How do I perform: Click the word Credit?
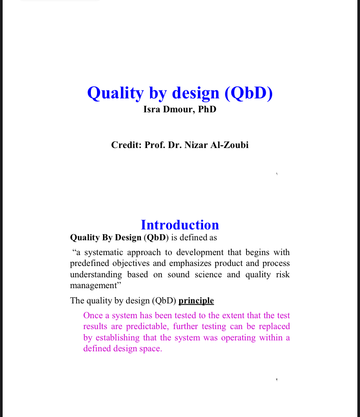pyautogui.click(x=125, y=145)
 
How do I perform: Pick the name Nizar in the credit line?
pyautogui.click(x=198, y=145)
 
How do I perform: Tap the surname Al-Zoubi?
pyautogui.click(x=231, y=145)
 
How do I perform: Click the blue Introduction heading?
pyautogui.click(x=180, y=225)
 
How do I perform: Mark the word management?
pyautogui.click(x=93, y=286)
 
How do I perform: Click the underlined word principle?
pyautogui.click(x=196, y=301)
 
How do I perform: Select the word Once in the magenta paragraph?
pyautogui.click(x=93, y=315)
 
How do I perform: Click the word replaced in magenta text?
pyautogui.click(x=274, y=326)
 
